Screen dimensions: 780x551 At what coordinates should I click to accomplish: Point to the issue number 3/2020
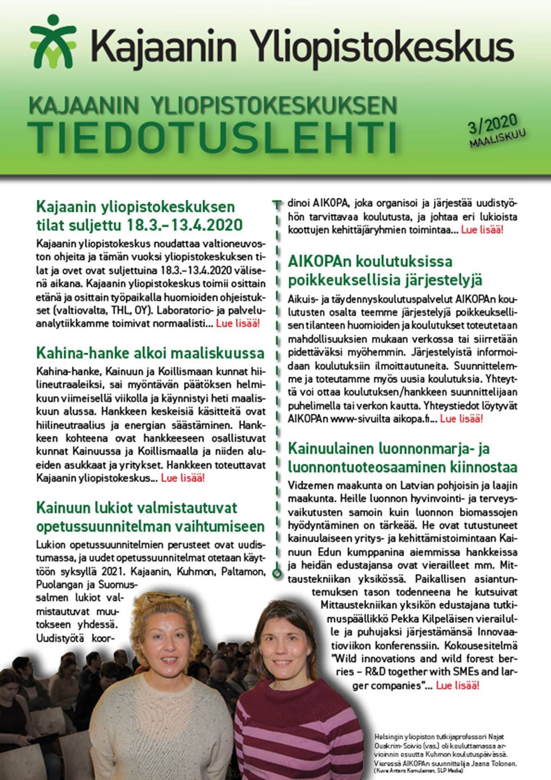pyautogui.click(x=493, y=125)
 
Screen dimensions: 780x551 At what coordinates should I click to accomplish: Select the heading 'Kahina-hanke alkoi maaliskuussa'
pyautogui.click(x=150, y=353)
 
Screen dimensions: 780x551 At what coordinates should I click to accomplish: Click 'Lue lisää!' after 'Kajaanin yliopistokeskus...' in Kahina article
pyautogui.click(x=183, y=478)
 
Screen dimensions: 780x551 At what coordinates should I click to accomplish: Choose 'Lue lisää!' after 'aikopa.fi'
pyautogui.click(x=461, y=419)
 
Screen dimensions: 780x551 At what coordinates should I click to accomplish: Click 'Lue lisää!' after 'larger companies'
pyautogui.click(x=457, y=685)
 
